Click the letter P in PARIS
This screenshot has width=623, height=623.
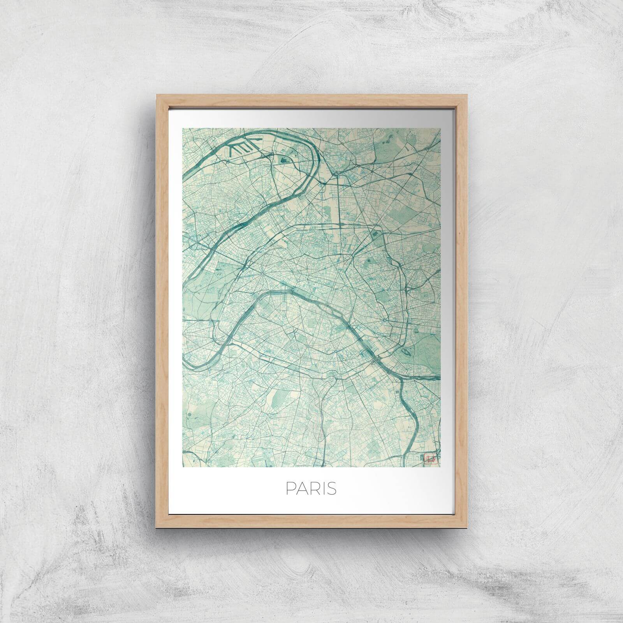[x=290, y=489]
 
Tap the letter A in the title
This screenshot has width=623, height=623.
[x=301, y=489]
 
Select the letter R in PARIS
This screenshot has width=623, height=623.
[x=313, y=489]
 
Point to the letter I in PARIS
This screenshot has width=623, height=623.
[x=322, y=489]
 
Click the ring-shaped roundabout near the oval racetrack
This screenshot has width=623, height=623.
[x=384, y=320]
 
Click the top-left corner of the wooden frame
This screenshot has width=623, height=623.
[x=156, y=94]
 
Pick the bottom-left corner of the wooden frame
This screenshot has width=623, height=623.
[x=156, y=528]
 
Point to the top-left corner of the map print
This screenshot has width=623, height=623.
[x=183, y=128]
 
